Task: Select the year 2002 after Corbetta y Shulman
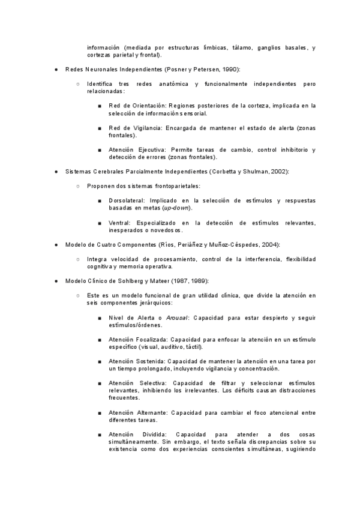click(280, 171)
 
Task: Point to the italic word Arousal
click(176, 318)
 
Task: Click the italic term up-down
click(178, 208)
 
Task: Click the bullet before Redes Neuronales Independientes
click(55, 70)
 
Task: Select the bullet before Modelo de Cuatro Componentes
click(55, 244)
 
